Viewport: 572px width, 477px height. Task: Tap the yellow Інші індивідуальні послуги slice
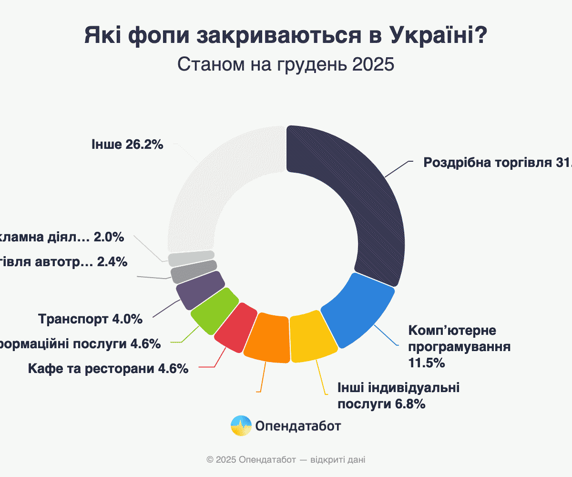(312, 336)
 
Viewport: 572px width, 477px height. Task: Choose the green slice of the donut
(214, 310)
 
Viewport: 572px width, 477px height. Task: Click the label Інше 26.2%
(128, 145)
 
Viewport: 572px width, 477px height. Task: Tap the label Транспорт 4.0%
(90, 319)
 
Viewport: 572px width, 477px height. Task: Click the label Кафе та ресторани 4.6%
(108, 369)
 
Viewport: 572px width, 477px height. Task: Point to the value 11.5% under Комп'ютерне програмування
(427, 363)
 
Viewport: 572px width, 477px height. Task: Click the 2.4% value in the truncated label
(112, 261)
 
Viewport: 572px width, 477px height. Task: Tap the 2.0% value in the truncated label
(109, 237)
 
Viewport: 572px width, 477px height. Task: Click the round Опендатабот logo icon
(241, 425)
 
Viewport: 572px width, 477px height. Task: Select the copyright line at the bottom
(286, 460)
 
